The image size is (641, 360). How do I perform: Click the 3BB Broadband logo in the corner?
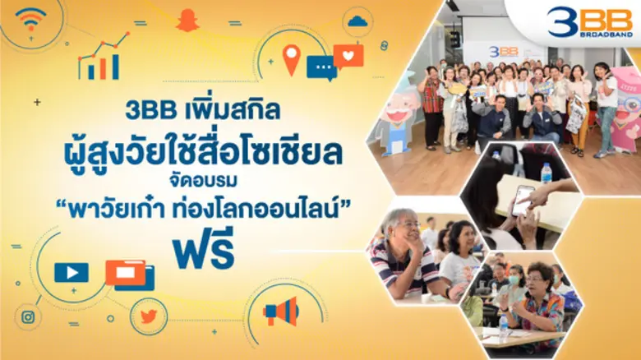[588, 21]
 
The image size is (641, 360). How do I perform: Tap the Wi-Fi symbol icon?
[30, 18]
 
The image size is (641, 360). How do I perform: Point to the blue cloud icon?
[357, 21]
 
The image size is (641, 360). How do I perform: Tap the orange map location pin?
[292, 58]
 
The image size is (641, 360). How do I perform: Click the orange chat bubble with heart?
[348, 56]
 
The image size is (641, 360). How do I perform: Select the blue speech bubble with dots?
[320, 67]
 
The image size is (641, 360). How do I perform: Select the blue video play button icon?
[71, 272]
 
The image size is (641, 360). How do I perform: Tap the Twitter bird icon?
[148, 316]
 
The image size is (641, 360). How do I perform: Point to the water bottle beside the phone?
[546, 173]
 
